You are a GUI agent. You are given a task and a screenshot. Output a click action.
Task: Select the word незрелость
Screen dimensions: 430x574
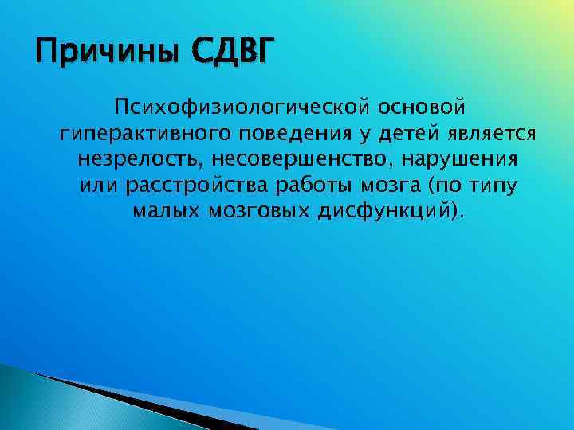pyautogui.click(x=140, y=159)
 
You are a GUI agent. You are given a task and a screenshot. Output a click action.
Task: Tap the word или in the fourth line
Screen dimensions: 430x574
pyautogui.click(x=98, y=186)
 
